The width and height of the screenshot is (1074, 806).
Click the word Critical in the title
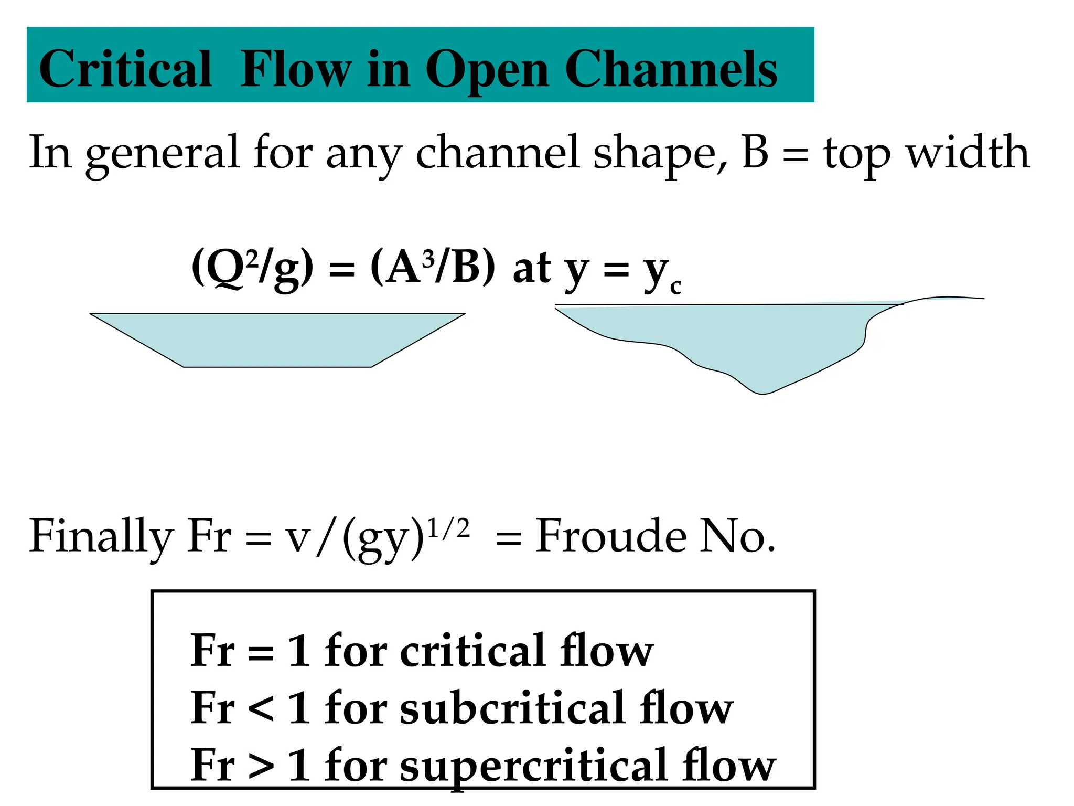coord(125,69)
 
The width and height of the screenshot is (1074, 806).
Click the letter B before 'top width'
coord(756,152)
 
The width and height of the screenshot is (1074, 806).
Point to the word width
coord(968,152)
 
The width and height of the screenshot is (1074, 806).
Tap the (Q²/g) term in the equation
coord(253,268)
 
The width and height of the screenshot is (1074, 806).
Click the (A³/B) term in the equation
coord(432,268)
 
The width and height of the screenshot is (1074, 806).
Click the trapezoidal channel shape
coord(277,340)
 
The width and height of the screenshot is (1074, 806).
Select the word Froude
coord(610,536)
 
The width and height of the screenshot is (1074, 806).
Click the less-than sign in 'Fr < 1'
coord(261,709)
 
